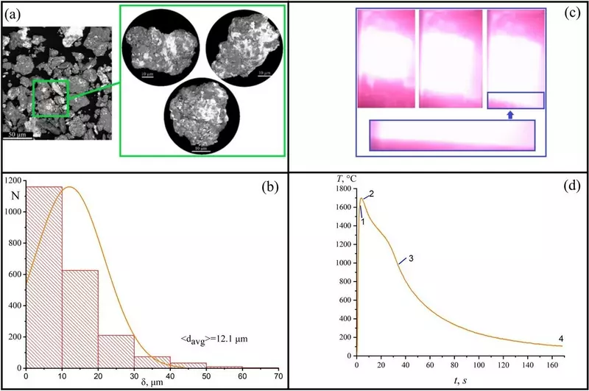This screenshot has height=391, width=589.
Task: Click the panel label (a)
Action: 14,13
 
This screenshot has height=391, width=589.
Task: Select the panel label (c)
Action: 567,13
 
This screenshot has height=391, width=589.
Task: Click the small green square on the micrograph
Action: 50,98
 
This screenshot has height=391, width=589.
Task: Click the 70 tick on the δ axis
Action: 277,377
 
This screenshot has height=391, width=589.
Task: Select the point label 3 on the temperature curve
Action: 411,258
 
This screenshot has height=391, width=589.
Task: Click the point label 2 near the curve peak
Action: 371,194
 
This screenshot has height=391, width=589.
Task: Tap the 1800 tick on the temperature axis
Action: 342,189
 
